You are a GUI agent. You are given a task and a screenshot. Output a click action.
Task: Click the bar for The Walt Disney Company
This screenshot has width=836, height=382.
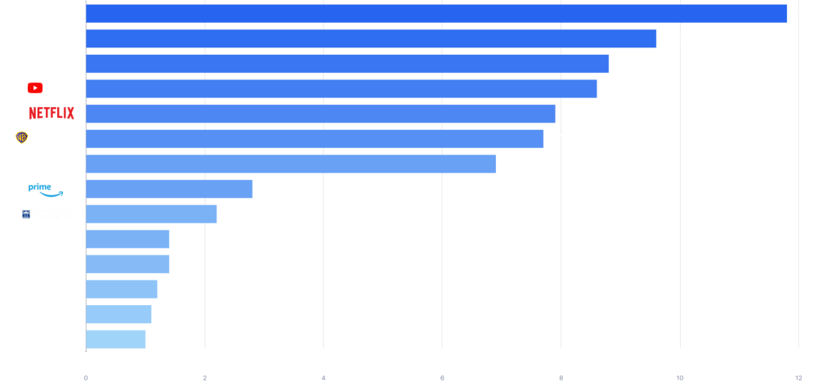pyautogui.click(x=436, y=13)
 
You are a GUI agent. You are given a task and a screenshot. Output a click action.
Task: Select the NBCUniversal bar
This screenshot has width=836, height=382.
pyautogui.click(x=371, y=38)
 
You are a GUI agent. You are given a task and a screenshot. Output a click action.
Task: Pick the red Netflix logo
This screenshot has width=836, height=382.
pyautogui.click(x=51, y=113)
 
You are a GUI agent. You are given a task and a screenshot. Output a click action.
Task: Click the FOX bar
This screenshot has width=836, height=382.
pyautogui.click(x=290, y=164)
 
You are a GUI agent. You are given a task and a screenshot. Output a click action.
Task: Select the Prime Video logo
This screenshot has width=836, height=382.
pyautogui.click(x=51, y=189)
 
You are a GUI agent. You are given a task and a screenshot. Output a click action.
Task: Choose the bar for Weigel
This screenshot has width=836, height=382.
pyautogui.click(x=127, y=264)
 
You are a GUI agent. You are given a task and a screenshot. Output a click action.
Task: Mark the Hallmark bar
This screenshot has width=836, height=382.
pyautogui.click(x=121, y=290)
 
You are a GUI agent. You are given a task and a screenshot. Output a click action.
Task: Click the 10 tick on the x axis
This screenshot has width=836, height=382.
pyautogui.click(x=679, y=378)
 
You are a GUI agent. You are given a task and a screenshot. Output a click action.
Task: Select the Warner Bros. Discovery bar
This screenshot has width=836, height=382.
pyautogui.click(x=315, y=138)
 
